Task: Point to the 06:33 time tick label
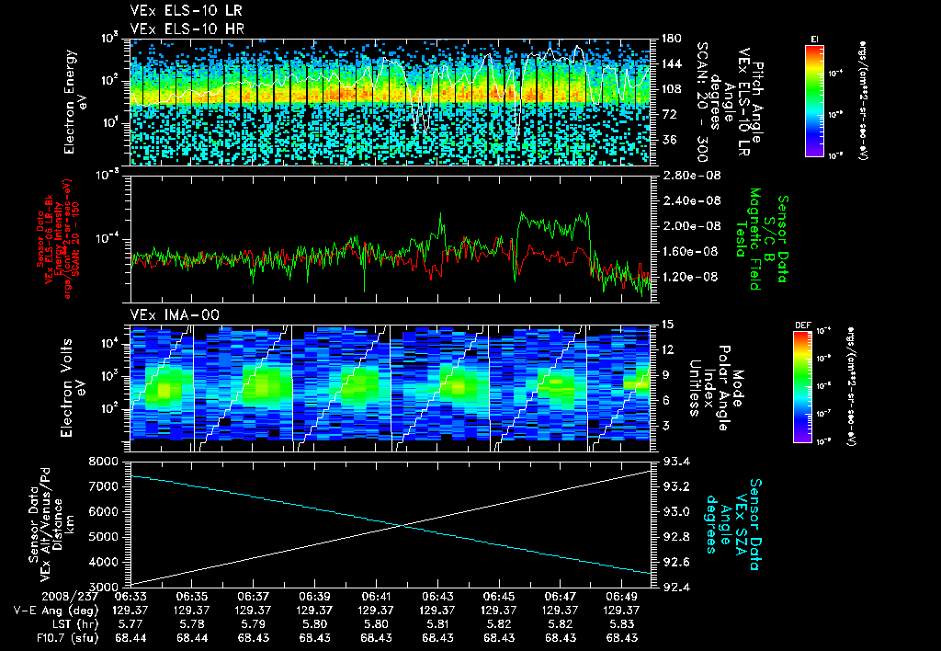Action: click(x=130, y=596)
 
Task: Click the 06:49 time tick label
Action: click(x=621, y=596)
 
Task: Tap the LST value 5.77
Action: click(x=130, y=623)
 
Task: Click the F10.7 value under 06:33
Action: click(x=130, y=637)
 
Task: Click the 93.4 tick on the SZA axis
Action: click(x=667, y=461)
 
